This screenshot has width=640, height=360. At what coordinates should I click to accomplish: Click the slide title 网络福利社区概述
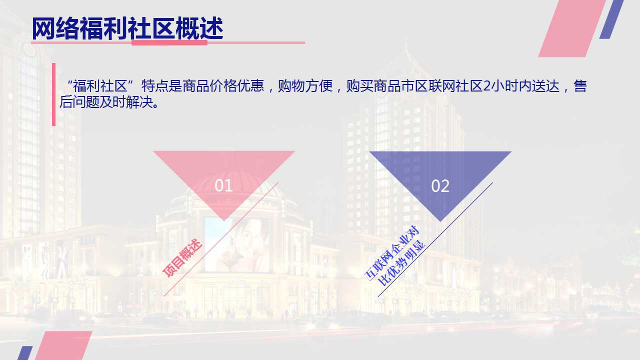click(x=127, y=28)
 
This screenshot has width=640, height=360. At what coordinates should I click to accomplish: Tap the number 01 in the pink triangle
click(x=223, y=185)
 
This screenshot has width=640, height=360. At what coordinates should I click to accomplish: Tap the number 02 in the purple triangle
click(x=440, y=186)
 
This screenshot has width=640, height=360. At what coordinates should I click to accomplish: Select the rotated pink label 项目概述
click(x=182, y=257)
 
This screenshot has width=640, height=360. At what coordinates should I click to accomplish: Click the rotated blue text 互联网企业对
click(x=391, y=252)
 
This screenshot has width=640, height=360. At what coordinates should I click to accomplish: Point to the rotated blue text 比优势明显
click(x=401, y=263)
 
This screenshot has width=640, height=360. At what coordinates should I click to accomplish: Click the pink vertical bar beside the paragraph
click(x=53, y=94)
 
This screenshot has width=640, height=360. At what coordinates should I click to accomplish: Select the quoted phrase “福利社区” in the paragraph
click(x=100, y=85)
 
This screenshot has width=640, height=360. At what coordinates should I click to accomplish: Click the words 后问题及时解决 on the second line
click(x=107, y=102)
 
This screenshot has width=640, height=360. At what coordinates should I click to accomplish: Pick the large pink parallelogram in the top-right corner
click(x=572, y=28)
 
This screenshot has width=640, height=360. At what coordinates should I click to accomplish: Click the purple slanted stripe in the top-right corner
click(x=611, y=19)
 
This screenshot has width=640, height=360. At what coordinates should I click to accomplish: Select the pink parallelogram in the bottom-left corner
click(x=63, y=345)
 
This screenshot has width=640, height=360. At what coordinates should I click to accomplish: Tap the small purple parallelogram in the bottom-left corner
click(x=25, y=353)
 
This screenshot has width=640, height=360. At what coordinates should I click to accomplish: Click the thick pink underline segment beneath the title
click(x=169, y=43)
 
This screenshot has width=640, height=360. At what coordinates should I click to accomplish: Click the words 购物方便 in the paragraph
click(x=305, y=85)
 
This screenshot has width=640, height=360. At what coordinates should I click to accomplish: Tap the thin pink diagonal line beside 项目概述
click(x=221, y=239)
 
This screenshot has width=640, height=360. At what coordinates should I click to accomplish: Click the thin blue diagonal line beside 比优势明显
click(x=435, y=239)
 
